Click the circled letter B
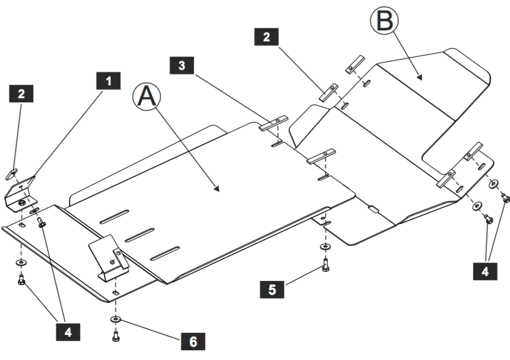(384, 22)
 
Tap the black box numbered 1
(108, 81)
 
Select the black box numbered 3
(183, 66)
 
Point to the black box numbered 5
(272, 289)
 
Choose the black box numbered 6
(193, 341)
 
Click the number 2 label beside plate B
(266, 37)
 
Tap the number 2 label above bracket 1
(21, 93)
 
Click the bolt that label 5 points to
(325, 265)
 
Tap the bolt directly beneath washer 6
(116, 336)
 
